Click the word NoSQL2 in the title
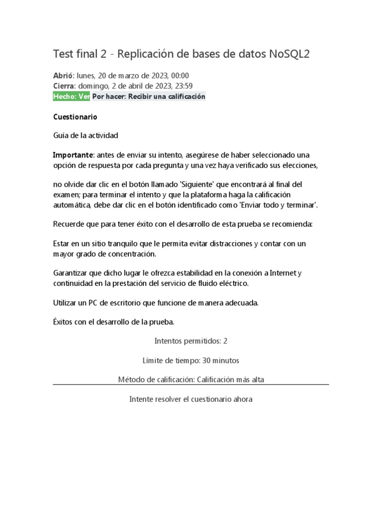click(289, 54)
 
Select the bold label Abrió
click(63, 76)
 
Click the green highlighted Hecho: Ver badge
click(72, 96)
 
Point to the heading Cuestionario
click(75, 117)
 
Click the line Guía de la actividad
click(86, 135)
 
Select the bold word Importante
click(73, 155)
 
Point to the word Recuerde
click(68, 224)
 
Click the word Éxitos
click(63, 322)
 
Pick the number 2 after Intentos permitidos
click(225, 341)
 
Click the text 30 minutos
click(217, 360)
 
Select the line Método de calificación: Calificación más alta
click(191, 380)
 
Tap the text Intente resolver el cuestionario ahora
click(191, 399)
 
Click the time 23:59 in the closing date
click(182, 86)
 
